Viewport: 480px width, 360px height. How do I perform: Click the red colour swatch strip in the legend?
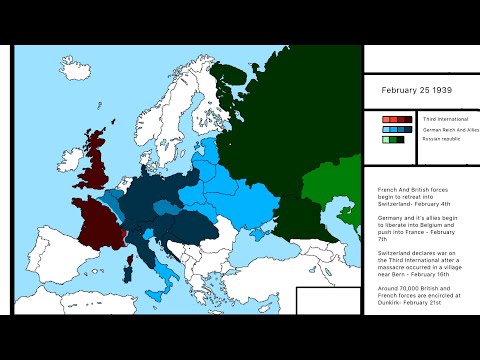(397, 119)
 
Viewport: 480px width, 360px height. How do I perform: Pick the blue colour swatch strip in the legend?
(397, 129)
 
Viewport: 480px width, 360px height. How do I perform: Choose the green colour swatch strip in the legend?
(397, 139)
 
